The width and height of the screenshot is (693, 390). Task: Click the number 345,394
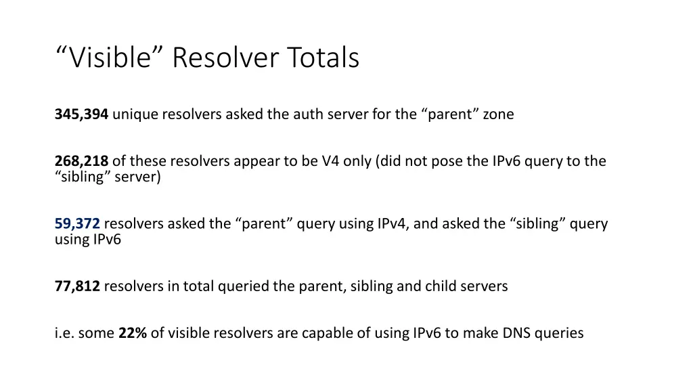click(81, 114)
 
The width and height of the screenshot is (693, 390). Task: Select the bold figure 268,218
click(81, 161)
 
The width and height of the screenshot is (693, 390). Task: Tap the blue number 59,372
click(77, 223)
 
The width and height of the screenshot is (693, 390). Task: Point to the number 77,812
click(77, 286)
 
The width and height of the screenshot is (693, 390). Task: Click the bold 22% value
click(133, 333)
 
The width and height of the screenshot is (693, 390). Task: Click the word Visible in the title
click(111, 58)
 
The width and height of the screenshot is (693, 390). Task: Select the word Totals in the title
click(323, 58)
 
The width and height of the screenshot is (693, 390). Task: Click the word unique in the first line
click(135, 114)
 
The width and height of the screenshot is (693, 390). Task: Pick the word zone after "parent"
click(498, 114)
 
